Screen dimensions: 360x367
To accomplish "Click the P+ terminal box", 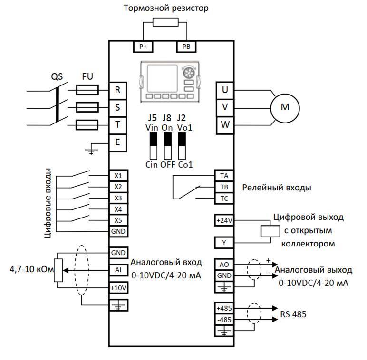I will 143,47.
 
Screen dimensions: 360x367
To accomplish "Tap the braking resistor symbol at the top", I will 164,22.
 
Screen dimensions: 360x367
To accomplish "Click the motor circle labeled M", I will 285,107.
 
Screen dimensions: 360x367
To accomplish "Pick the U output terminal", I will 225,90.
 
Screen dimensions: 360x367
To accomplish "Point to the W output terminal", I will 225,125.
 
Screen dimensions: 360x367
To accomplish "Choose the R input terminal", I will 117,90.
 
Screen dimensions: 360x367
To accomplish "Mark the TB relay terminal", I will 224,187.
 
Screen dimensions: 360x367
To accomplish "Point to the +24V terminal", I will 224,220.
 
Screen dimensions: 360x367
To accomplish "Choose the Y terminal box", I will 224,243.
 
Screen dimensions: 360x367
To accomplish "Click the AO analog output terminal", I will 224,264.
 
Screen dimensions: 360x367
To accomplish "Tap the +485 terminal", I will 224,308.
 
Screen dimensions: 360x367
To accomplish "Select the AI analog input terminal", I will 118,270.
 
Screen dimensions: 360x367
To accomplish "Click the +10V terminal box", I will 118,288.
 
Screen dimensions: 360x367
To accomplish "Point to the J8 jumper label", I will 167,118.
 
